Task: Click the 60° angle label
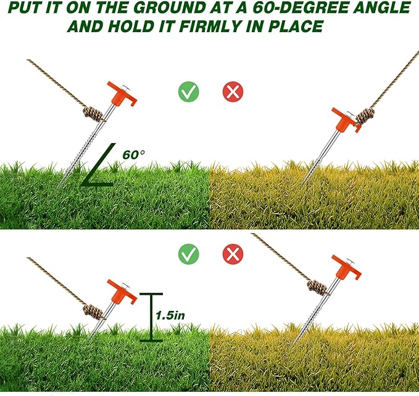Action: click(134, 155)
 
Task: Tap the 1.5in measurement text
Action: click(170, 315)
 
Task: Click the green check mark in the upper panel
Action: click(189, 93)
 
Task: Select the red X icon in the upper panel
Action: click(233, 93)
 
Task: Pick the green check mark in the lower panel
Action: click(189, 254)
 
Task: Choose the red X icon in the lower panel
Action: click(233, 254)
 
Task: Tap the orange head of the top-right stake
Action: click(342, 118)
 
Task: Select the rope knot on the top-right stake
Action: click(365, 116)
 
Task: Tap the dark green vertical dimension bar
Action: click(147, 317)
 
